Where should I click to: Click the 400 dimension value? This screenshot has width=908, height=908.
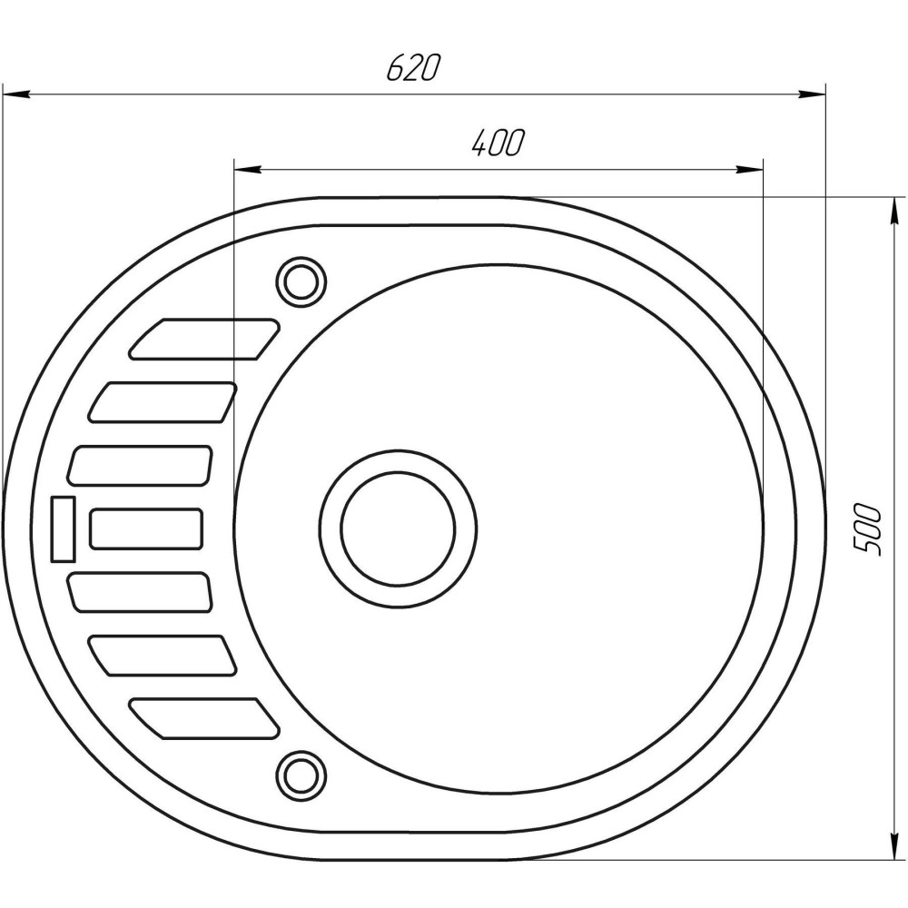(498, 143)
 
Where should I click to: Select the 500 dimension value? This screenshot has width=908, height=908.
(868, 528)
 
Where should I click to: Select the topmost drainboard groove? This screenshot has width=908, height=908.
(206, 338)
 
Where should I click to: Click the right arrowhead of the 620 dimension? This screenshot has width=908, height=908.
(813, 93)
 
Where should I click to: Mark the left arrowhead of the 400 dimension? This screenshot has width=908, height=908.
(247, 169)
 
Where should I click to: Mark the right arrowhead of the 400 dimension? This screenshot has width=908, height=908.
(749, 169)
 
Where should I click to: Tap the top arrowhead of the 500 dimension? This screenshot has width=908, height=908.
(894, 209)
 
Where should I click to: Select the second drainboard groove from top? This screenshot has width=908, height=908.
(163, 402)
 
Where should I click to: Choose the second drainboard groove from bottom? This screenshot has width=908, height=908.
(163, 655)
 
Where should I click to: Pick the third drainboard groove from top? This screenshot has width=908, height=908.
(141, 465)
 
